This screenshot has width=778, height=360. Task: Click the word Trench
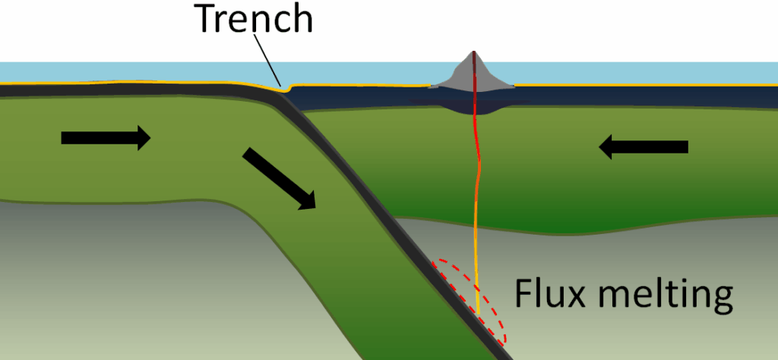click(254, 20)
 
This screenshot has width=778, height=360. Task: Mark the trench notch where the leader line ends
click(286, 90)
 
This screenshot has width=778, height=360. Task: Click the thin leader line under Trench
click(270, 61)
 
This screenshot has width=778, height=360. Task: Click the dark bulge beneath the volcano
click(471, 106)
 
